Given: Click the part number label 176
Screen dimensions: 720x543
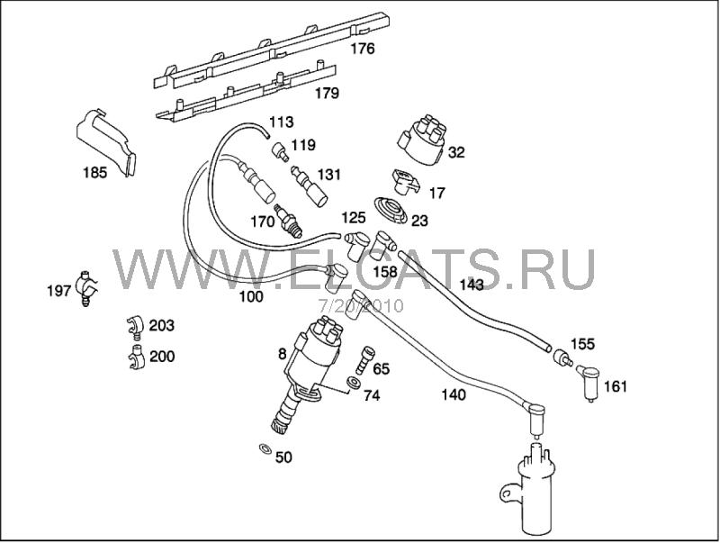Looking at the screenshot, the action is point(363,49).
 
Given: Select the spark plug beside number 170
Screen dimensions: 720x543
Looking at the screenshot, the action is point(288,221).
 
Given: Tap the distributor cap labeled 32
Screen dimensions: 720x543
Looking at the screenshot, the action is point(422,139).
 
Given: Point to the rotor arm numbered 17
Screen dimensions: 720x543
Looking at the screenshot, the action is point(406,182).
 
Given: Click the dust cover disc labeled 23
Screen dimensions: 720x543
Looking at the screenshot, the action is point(391,211).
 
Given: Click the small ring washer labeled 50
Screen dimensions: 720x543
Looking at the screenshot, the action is point(265,448).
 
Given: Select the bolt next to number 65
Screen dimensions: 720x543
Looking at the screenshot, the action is point(365,360).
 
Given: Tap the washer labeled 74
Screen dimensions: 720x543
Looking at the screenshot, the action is point(353,382).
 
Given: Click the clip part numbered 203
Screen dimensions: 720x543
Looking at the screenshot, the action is point(134,327).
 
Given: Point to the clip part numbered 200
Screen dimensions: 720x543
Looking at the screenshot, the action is point(137,357).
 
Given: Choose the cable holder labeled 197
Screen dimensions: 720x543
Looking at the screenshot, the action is point(87,288).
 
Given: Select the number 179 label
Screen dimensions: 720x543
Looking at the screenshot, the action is point(327,94).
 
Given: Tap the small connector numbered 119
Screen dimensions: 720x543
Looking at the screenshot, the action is point(279,151).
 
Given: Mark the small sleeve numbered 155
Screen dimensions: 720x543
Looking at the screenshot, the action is point(562,357).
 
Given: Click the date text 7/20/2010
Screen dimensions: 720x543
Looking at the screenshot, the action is point(361,305).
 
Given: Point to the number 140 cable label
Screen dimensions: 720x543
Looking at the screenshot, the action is point(454,394).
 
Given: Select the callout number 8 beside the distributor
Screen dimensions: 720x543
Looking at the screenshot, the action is point(282,354).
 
